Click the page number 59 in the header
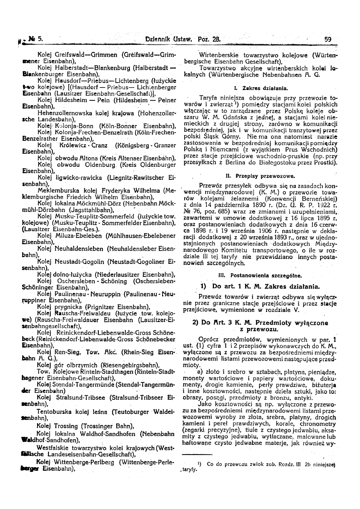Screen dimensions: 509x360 tap(327, 39)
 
